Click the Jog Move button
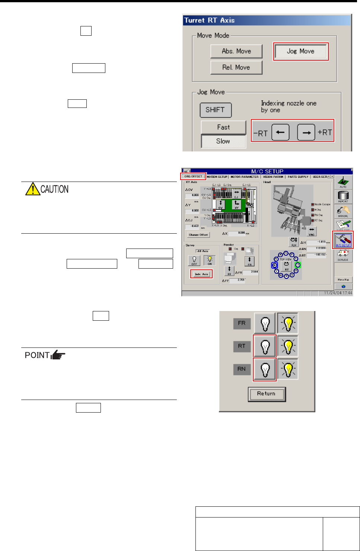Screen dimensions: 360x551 click(300, 51)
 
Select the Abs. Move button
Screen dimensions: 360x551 click(236, 51)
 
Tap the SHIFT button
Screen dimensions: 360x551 click(215, 110)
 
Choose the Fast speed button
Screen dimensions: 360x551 click(223, 127)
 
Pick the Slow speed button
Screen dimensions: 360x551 click(223, 141)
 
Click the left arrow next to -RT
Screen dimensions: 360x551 click(280, 132)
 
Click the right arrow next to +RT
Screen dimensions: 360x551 click(306, 132)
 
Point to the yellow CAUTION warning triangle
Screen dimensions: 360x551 click(33, 189)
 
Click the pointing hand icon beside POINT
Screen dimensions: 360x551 click(58, 355)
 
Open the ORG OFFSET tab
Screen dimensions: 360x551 click(193, 176)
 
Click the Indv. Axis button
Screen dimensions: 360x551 click(201, 274)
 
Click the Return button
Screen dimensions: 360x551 click(267, 394)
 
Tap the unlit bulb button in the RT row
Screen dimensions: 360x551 click(265, 346)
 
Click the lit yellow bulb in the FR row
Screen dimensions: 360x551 click(288, 323)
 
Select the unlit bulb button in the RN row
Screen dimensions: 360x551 click(265, 369)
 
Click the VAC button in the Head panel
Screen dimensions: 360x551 click(312, 232)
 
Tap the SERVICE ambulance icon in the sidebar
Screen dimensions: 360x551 click(343, 255)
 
